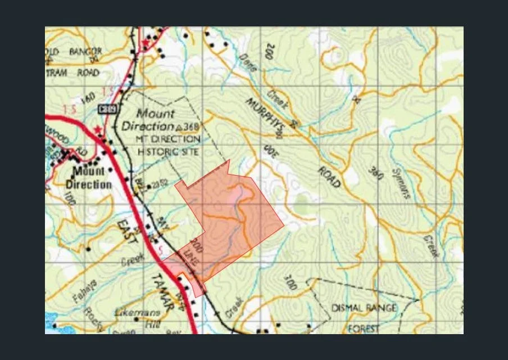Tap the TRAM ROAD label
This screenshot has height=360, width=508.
72,73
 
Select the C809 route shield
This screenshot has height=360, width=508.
108,109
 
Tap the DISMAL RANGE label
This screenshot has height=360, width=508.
364,308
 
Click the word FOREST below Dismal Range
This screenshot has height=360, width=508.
364,328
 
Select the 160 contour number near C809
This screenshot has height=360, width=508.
89,99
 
